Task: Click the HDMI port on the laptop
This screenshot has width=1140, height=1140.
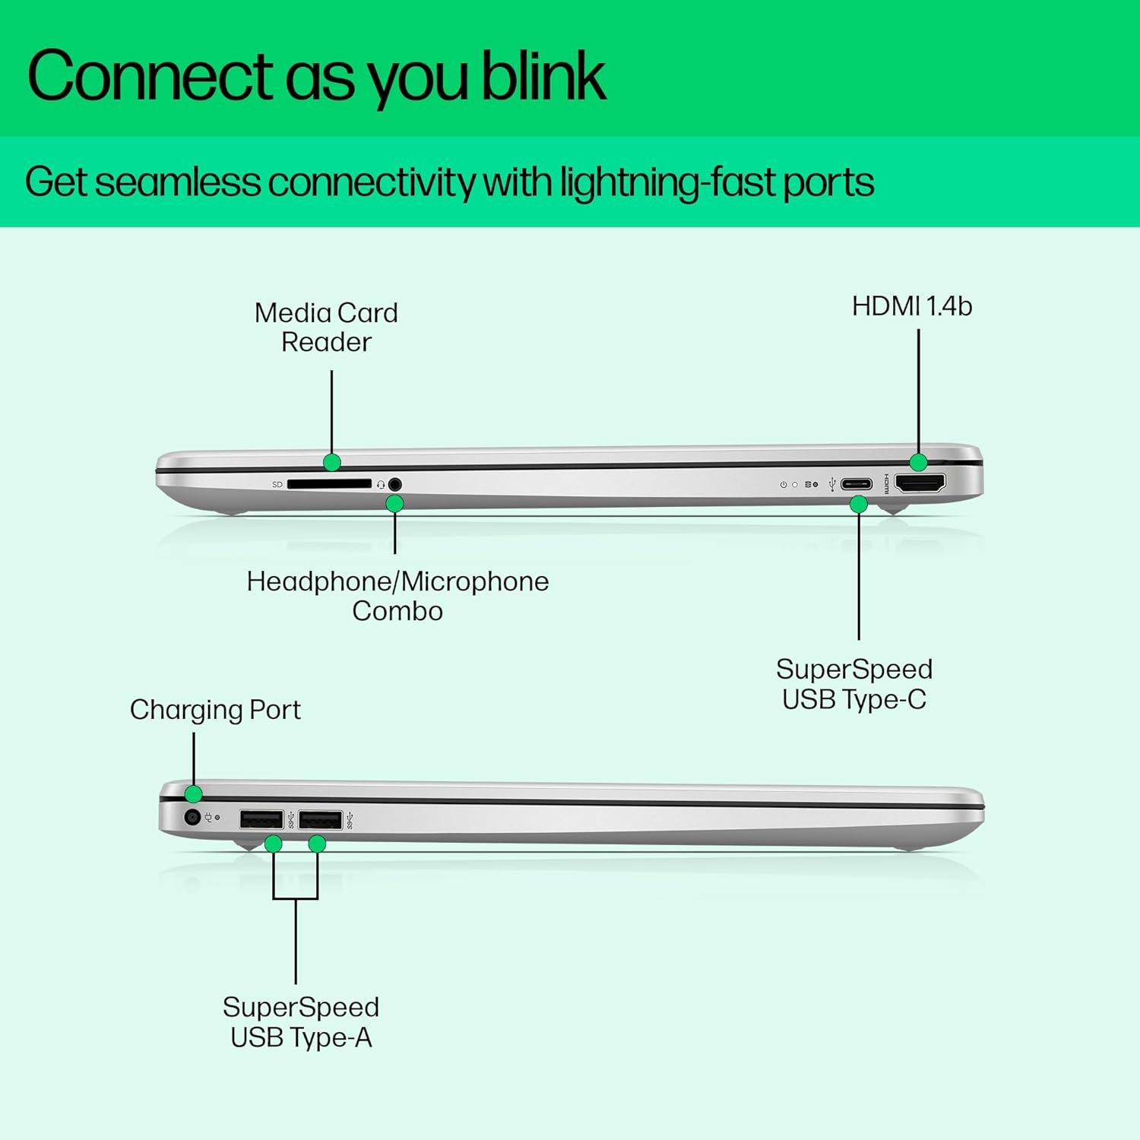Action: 920,483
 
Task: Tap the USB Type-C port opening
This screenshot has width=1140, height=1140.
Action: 856,484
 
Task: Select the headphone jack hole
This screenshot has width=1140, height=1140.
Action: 394,483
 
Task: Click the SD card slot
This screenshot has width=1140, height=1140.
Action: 329,483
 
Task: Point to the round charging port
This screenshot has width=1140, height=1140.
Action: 192,818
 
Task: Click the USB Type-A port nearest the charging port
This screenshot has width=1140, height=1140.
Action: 261,819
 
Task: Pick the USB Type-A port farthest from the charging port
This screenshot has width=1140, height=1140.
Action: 320,819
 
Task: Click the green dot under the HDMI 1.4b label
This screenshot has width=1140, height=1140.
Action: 918,462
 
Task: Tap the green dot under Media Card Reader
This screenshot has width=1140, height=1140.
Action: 331,462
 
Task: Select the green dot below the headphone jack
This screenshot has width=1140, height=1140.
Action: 394,503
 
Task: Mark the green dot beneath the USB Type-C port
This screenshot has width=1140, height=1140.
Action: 859,504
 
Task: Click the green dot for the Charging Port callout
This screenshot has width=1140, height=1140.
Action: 194,794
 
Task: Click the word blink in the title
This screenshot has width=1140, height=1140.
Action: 543,76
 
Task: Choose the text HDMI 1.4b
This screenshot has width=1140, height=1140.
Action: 911,306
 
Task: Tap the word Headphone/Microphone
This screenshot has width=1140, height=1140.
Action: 397,581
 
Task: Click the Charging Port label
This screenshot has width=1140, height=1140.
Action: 215,710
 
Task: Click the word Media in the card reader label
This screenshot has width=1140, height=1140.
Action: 292,313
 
